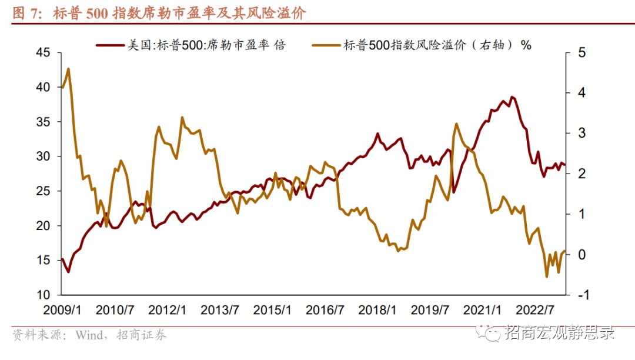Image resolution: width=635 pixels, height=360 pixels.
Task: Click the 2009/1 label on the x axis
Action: coord(62,310)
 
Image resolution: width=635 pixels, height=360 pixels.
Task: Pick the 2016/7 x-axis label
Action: coord(325,310)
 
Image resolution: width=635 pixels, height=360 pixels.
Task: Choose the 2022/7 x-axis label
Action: coord(536,310)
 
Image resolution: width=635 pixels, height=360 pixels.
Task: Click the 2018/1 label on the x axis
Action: coord(378,310)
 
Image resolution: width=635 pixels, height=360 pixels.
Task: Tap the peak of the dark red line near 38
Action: coord(512,96)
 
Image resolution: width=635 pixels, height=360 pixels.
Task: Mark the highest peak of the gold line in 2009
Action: coord(69,69)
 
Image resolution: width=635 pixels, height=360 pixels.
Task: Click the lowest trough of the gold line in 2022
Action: coord(546,276)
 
